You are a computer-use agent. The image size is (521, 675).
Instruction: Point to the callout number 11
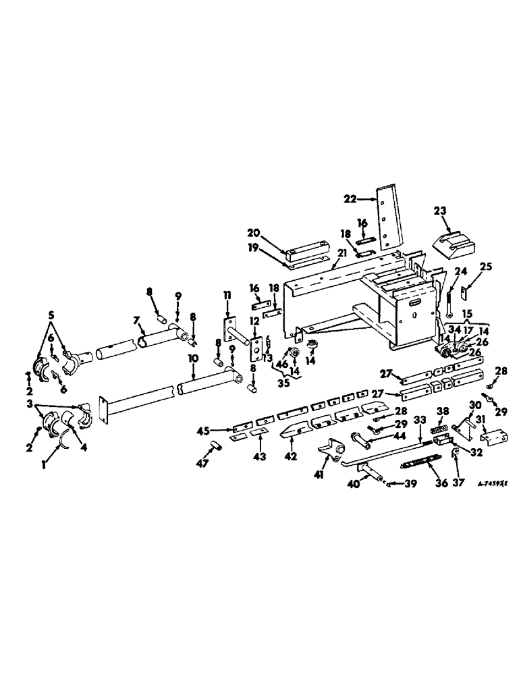(227, 295)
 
